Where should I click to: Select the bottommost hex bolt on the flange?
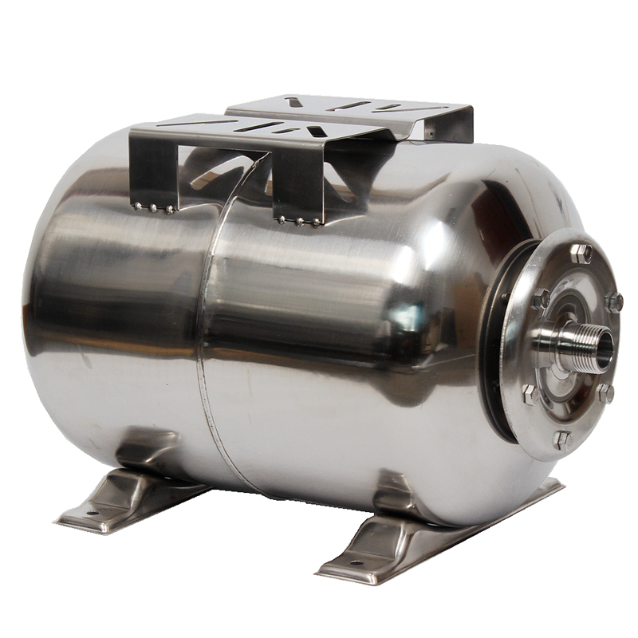[x=561, y=439]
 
